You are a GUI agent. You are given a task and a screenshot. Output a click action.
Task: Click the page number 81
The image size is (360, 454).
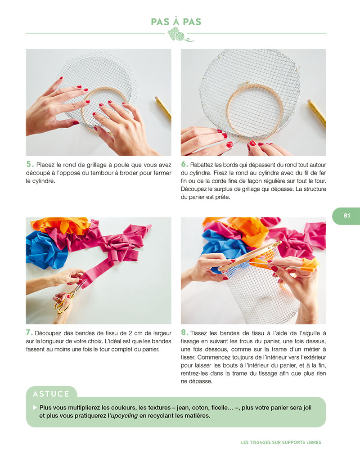(346, 216)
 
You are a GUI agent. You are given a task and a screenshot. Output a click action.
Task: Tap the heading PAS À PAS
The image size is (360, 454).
(176, 22)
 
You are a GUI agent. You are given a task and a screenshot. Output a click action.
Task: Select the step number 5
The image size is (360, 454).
(30, 164)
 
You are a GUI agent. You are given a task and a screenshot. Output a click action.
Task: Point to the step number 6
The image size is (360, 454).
(184, 164)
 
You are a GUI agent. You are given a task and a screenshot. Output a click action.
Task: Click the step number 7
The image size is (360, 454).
(29, 333)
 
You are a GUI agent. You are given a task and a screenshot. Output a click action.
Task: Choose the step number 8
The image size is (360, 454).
(184, 333)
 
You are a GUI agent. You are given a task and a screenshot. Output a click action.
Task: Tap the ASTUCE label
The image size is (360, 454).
(51, 394)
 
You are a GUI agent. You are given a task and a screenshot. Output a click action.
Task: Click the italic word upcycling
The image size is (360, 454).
(125, 415)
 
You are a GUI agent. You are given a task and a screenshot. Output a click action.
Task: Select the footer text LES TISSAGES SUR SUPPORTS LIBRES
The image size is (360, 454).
(281, 442)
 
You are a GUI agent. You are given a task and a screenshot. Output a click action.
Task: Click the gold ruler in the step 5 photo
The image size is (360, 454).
(163, 108)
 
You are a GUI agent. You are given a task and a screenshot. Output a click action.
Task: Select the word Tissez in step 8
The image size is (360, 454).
(199, 333)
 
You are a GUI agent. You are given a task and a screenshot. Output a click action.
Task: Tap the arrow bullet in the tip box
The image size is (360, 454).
(35, 407)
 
